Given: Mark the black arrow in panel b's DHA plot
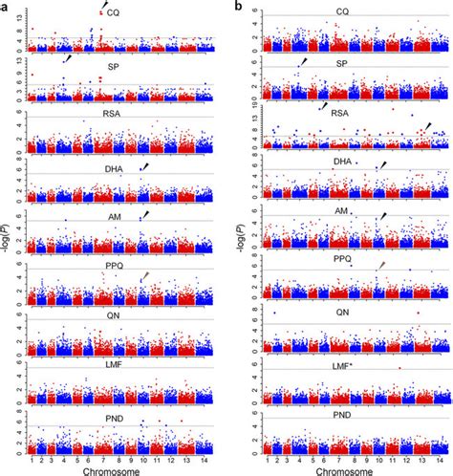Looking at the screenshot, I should [382, 166].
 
